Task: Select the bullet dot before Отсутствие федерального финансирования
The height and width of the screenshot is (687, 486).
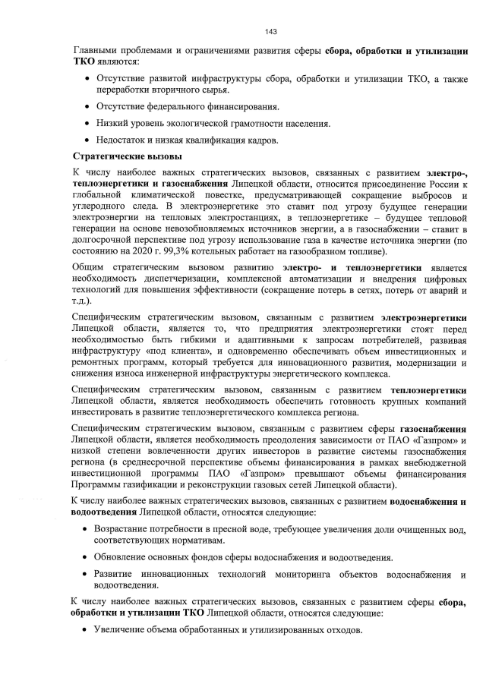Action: coord(87,106)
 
